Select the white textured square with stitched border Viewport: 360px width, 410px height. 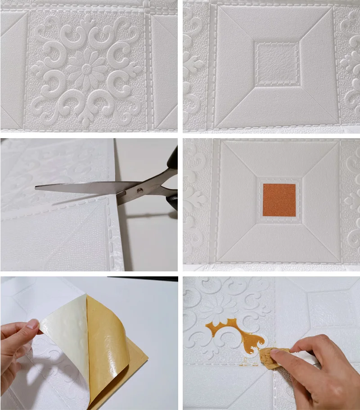(x=276, y=62)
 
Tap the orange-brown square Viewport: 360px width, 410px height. (x=279, y=200)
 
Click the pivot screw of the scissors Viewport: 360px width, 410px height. (x=140, y=191)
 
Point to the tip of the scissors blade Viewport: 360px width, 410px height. (x=37, y=186)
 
